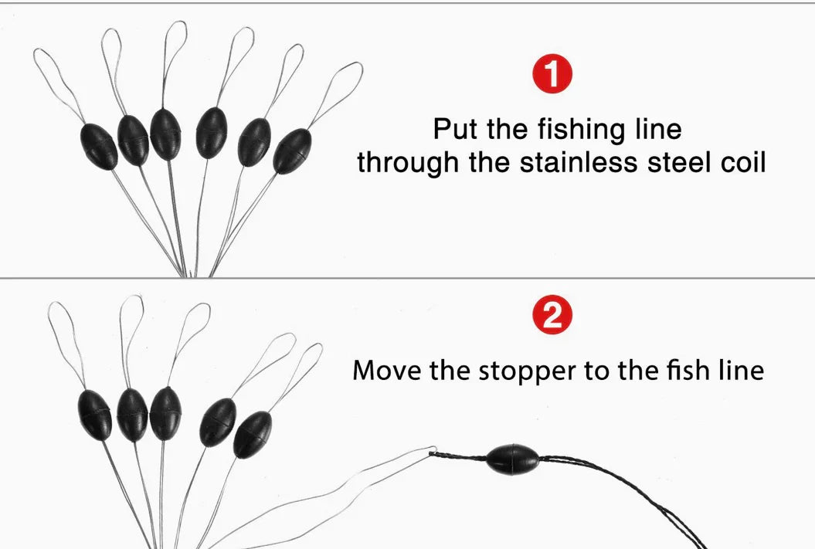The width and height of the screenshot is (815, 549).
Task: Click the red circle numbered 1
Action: pyautogui.click(x=552, y=75)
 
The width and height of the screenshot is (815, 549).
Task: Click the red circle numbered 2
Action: pyautogui.click(x=552, y=315)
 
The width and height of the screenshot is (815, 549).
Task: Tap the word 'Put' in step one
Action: pyautogui.click(x=454, y=129)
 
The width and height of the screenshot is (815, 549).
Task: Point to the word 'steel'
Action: pyautogui.click(x=678, y=162)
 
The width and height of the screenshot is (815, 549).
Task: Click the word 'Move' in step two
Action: pyautogui.click(x=386, y=371)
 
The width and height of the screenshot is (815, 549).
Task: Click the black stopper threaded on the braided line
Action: pyautogui.click(x=512, y=459)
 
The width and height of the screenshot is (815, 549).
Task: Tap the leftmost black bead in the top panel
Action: pyautogui.click(x=99, y=147)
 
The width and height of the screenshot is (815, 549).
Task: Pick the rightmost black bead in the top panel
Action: pyautogui.click(x=292, y=151)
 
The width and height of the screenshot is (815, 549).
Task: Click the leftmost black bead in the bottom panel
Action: pyautogui.click(x=94, y=415)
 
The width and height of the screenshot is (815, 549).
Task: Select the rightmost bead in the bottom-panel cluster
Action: pyautogui.click(x=253, y=435)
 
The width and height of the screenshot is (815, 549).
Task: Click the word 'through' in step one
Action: pyautogui.click(x=408, y=163)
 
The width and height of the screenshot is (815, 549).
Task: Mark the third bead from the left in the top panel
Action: pyautogui.click(x=165, y=134)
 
